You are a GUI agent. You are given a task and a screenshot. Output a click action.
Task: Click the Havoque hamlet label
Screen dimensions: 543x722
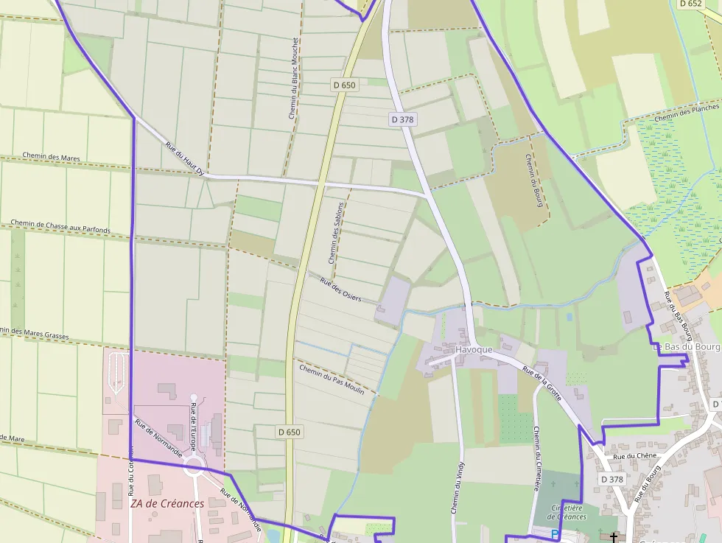[474, 349]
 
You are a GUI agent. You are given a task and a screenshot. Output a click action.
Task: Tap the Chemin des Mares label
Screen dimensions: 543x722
[51, 157]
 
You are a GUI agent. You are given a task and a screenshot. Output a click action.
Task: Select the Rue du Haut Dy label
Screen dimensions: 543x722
[184, 158]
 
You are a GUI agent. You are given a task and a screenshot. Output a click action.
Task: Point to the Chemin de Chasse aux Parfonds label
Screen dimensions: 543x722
[60, 226]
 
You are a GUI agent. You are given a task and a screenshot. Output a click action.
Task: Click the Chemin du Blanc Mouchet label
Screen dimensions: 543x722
[293, 79]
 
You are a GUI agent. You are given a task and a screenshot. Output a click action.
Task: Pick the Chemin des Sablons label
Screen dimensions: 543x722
[337, 233]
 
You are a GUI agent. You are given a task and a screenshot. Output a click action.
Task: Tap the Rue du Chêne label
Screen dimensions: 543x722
[634, 456]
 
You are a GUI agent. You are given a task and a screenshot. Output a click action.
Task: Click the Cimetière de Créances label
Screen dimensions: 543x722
[569, 512]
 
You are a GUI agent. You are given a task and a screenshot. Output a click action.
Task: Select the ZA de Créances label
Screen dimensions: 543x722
[167, 504]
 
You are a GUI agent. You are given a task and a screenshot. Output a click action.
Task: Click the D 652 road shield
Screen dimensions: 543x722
[690, 4]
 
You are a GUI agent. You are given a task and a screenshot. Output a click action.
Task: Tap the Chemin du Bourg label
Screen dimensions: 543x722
[534, 180]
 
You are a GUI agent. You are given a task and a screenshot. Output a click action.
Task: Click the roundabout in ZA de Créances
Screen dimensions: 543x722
[194, 465]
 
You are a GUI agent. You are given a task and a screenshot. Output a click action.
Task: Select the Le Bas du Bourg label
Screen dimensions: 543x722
[685, 346]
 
